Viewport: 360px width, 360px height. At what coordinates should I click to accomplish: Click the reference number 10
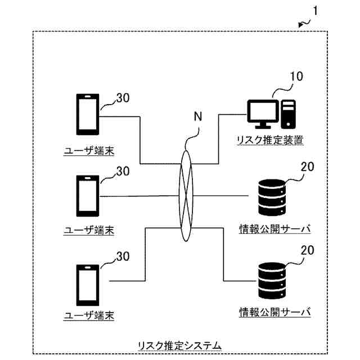tap(296, 76)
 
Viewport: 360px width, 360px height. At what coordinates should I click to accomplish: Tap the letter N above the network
tap(197, 116)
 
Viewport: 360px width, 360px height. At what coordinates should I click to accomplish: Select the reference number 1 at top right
tap(316, 11)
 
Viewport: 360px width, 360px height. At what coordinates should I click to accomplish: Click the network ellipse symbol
tap(186, 196)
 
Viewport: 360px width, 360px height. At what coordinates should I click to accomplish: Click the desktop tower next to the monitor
tap(288, 114)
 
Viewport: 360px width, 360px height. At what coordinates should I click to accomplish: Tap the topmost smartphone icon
tap(88, 114)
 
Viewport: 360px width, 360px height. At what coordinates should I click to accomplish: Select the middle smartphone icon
tap(88, 196)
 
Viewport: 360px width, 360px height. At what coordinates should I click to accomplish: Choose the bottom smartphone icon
tap(88, 285)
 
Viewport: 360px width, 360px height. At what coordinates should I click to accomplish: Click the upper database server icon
tap(272, 197)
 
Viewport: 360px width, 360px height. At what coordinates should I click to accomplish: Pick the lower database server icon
tap(272, 281)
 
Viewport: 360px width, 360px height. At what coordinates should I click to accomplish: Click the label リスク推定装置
tap(270, 140)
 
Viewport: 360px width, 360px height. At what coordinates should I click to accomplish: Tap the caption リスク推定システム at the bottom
tap(179, 346)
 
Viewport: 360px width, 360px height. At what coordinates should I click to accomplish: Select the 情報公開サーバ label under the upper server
tap(275, 229)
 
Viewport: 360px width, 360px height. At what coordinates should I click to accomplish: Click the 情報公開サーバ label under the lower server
tap(275, 312)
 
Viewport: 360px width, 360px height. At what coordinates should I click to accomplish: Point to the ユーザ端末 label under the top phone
tap(89, 151)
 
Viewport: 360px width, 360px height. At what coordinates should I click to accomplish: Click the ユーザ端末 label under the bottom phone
tap(89, 316)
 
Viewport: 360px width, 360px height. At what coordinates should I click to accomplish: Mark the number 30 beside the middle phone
tap(123, 171)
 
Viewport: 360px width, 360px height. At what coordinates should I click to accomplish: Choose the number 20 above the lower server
tap(308, 250)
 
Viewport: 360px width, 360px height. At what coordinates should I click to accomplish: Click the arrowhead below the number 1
tap(300, 25)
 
